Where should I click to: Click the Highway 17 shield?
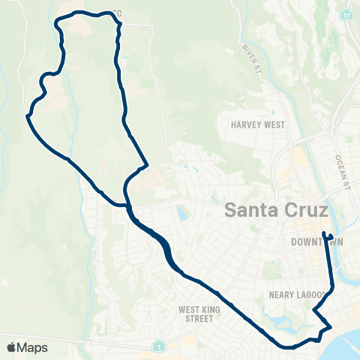pos(346,15)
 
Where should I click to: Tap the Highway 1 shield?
pos(159,346)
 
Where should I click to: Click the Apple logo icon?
pos(11,347)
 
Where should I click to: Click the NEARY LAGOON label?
pos(297,295)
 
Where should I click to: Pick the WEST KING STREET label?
pos(196,313)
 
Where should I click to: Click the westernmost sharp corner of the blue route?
pos(27,116)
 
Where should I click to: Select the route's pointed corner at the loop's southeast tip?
pos(148,164)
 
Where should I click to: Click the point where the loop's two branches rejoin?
pos(128,202)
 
